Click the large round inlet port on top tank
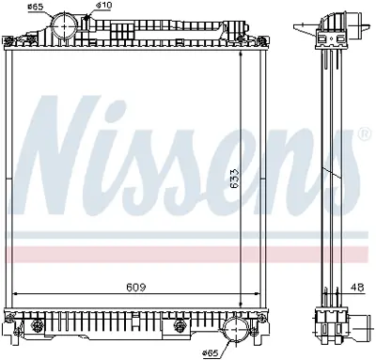pyautogui.click(x=63, y=25)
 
